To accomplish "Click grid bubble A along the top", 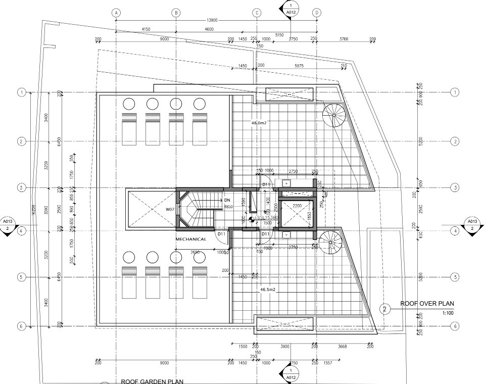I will click(x=116, y=13).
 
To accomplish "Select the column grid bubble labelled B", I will click(x=176, y=13).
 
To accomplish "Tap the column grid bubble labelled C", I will click(x=257, y=13).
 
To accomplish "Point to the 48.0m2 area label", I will click(x=259, y=123).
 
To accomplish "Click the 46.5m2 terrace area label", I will click(x=268, y=290).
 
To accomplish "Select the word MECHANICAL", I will click(x=190, y=238).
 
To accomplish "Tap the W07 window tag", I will click(x=170, y=209).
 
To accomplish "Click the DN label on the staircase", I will click(x=227, y=201).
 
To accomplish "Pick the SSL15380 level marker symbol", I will click(x=251, y=218).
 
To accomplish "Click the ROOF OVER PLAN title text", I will click(x=427, y=304).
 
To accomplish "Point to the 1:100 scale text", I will click(x=448, y=313).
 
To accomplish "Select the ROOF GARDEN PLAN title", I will click(x=152, y=381).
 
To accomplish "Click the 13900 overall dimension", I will click(x=213, y=20).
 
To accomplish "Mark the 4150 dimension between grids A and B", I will click(x=146, y=29).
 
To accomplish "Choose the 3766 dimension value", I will click(x=344, y=39).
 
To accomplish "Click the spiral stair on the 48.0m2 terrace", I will click(x=333, y=115).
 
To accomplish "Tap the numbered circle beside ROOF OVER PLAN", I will click(x=385, y=309).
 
